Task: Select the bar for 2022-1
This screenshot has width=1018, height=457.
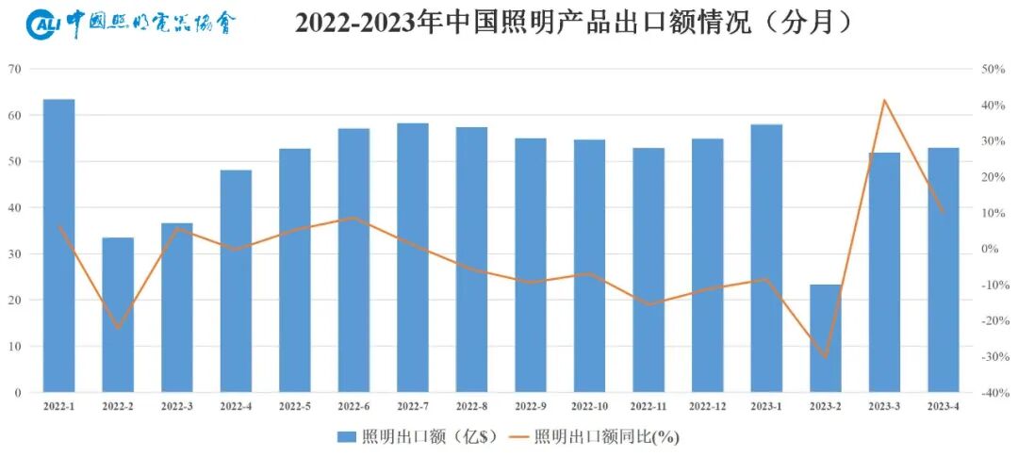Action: [58, 245]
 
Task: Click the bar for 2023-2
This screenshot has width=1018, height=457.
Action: [826, 338]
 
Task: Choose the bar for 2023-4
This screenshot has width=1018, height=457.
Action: [944, 269]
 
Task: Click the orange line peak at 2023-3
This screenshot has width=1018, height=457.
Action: [884, 100]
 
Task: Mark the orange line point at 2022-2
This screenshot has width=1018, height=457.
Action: [118, 329]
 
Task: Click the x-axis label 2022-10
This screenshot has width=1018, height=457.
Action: [590, 406]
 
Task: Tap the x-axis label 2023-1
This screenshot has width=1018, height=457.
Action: [766, 406]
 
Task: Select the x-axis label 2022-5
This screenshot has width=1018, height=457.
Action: [295, 406]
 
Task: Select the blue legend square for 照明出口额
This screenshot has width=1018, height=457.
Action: [346, 436]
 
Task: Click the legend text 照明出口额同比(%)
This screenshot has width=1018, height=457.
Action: [606, 436]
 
